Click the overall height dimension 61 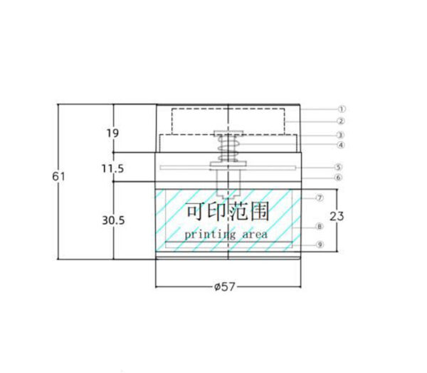[58, 177]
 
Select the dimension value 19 [112, 134]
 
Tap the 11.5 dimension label [112, 169]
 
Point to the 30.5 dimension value [113, 220]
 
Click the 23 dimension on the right [337, 217]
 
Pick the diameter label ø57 [224, 286]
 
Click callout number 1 [342, 109]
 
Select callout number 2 [341, 121]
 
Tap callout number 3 [340, 135]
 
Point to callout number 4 [341, 145]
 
